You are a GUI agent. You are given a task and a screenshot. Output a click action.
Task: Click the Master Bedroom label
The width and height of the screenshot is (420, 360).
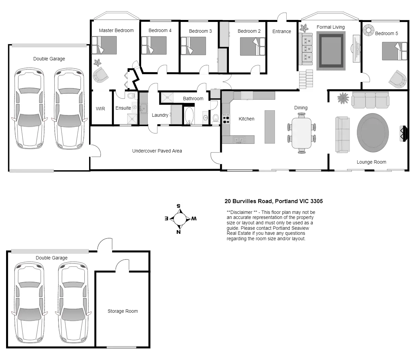click(116, 30)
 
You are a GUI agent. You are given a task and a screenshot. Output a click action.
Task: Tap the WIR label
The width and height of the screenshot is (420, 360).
click(100, 109)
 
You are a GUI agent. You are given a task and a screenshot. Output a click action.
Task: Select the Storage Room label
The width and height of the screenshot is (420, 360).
click(123, 311)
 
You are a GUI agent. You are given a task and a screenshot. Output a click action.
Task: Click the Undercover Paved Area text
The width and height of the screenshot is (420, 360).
click(157, 151)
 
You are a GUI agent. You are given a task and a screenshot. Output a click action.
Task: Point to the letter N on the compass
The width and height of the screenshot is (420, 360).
click(178, 232)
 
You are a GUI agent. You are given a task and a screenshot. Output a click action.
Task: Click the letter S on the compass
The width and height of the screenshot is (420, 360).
click(178, 206)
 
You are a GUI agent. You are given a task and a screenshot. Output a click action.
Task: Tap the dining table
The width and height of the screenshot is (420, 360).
click(301, 133)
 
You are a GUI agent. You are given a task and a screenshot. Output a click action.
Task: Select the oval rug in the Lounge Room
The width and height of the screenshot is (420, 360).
click(373, 133)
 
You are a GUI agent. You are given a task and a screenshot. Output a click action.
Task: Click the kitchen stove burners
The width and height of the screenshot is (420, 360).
click(226, 118)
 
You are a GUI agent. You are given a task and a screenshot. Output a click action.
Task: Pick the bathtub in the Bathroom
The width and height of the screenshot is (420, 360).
click(189, 115)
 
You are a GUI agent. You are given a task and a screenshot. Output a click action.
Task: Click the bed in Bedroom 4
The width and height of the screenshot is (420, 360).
click(154, 46)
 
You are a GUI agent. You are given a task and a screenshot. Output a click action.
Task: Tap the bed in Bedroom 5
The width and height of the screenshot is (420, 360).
click(395, 51)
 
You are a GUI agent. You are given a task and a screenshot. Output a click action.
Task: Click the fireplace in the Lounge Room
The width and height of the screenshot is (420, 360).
click(404, 134)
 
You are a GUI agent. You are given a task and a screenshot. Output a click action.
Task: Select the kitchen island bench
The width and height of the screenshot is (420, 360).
click(270, 127)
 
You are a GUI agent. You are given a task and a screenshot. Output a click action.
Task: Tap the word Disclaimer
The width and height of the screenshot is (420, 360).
click(241, 212)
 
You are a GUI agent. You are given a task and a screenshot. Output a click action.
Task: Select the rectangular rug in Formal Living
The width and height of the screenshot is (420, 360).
click(331, 51)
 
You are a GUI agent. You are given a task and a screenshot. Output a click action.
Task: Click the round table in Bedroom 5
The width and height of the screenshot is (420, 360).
click(368, 30)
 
